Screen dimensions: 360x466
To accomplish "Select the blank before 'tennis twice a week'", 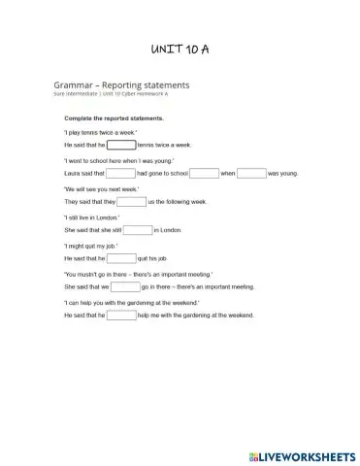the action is (x=121, y=145).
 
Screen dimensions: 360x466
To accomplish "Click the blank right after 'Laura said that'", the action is (x=120, y=173).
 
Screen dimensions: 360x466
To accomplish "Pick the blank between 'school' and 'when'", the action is (x=204, y=173).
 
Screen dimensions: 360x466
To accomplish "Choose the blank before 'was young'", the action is (x=251, y=173).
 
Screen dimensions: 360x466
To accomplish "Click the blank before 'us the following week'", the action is (x=131, y=201).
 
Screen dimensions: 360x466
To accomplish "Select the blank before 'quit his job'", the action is (x=121, y=258).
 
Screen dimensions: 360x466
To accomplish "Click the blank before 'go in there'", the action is (x=125, y=287).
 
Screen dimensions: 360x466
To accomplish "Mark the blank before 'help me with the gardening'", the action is (x=121, y=316).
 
